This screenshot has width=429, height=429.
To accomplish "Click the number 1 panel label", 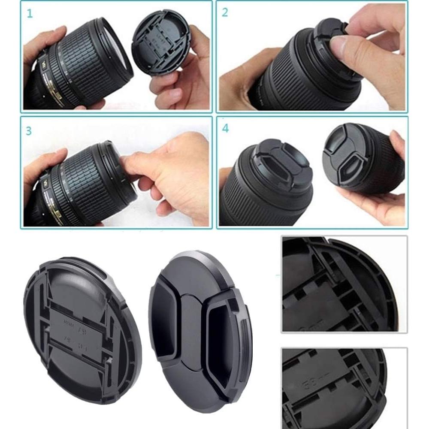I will [30, 13].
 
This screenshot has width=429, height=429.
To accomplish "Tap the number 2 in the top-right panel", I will [225, 12].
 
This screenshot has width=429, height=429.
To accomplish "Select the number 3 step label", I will [29, 130].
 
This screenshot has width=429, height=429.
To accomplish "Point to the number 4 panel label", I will [226, 129].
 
